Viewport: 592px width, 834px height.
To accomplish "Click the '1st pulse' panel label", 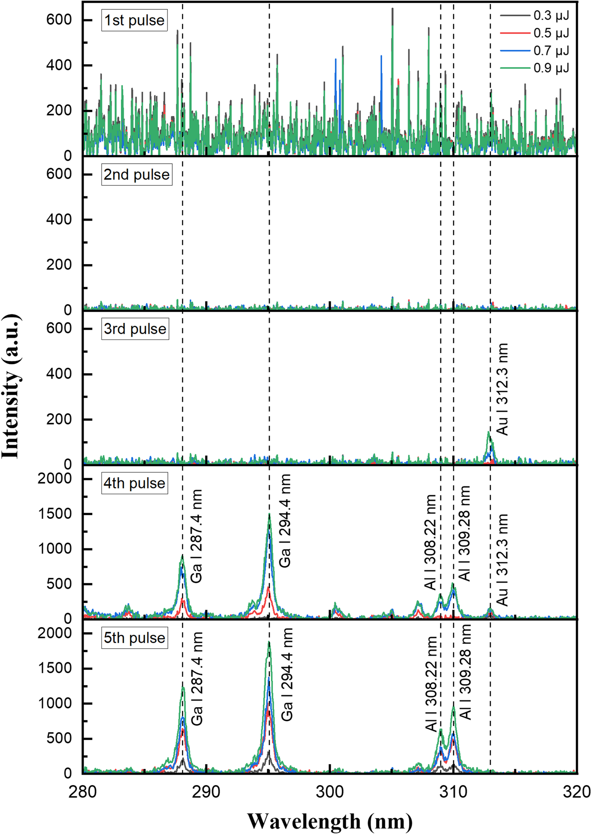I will pyautogui.click(x=134, y=20).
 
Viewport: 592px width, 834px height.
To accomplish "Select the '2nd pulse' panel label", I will pyautogui.click(x=137, y=175).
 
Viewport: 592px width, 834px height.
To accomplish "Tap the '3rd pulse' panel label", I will pyautogui.click(x=135, y=329).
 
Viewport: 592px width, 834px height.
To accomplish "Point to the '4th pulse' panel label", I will pyautogui.click(x=134, y=483).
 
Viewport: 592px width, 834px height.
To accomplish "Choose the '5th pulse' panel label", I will pyautogui.click(x=134, y=638).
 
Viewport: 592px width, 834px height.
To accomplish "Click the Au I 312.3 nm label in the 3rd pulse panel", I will pyautogui.click(x=502, y=389).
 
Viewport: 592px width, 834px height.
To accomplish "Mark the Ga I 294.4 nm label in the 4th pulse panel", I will pyautogui.click(x=285, y=521).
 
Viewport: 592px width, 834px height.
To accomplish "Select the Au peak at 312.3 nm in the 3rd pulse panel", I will pyautogui.click(x=488, y=433).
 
